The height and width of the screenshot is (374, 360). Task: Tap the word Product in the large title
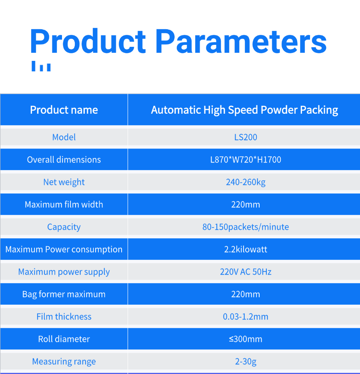[88, 41]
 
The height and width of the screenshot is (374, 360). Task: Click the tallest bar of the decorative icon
[34, 66]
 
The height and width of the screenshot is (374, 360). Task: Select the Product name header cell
[64, 110]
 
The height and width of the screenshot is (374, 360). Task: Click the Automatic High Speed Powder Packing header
[244, 110]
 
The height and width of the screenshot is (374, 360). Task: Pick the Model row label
[64, 137]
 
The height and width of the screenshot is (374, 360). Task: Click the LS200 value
[246, 137]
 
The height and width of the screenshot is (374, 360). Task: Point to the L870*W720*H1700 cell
[246, 159]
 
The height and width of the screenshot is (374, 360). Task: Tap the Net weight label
[64, 182]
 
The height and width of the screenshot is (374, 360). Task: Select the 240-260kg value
[246, 182]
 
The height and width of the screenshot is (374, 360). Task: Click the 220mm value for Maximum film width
[246, 204]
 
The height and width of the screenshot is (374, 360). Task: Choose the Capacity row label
[64, 227]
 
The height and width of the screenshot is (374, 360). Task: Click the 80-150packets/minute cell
[246, 227]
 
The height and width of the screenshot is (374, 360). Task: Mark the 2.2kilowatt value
[246, 249]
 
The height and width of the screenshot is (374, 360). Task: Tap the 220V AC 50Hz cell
[246, 271]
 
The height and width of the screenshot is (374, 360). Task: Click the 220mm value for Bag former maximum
[246, 294]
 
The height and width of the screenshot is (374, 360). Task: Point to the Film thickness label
[64, 316]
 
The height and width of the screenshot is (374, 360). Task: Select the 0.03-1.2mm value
[246, 316]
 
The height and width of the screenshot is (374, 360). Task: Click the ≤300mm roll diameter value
[246, 339]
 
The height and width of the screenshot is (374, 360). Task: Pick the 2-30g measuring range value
[246, 362]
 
